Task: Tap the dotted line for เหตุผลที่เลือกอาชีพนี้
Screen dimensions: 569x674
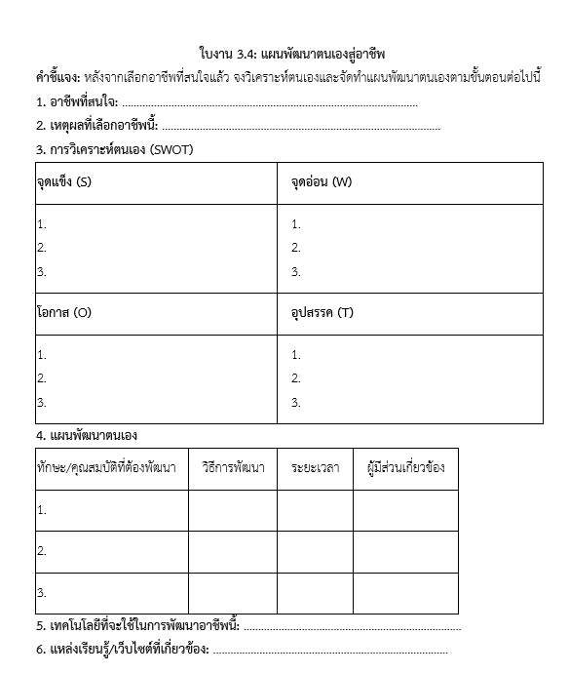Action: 301,127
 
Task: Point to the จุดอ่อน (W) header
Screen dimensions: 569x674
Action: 321,182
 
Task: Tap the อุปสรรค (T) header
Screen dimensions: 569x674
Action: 322,314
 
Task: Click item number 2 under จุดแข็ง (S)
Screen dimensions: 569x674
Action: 42,248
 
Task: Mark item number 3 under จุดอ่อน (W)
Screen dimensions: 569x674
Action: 296,272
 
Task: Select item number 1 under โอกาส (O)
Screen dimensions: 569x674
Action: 42,355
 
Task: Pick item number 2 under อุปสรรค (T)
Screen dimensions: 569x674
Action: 296,378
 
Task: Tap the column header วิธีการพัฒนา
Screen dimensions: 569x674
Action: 233,468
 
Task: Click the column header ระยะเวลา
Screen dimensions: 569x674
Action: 315,468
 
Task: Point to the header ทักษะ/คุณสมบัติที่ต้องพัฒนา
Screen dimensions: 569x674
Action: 106,468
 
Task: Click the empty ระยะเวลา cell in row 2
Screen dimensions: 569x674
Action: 315,551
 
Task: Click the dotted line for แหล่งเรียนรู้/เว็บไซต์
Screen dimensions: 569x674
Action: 330,651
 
